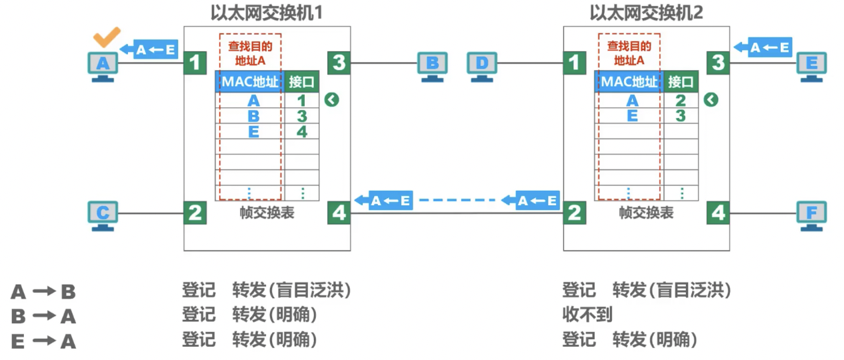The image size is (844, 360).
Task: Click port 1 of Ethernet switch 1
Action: pos(195,63)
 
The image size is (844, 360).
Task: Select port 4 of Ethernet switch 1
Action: pos(339,213)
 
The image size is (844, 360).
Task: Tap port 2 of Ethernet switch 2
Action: pos(574,213)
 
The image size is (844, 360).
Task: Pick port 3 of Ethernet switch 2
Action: pos(718,63)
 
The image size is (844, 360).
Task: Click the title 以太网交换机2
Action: pos(646,12)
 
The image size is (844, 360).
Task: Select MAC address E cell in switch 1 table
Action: pos(253,131)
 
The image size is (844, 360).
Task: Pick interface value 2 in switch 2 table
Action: pos(681,101)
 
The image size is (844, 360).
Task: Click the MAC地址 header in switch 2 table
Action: pos(629,82)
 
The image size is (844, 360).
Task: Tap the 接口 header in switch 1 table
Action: pos(301,82)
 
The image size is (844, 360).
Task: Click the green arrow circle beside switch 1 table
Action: pos(332,100)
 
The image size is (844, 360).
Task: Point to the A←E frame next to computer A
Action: pos(151,49)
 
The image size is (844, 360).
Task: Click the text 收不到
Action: pos(587,315)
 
